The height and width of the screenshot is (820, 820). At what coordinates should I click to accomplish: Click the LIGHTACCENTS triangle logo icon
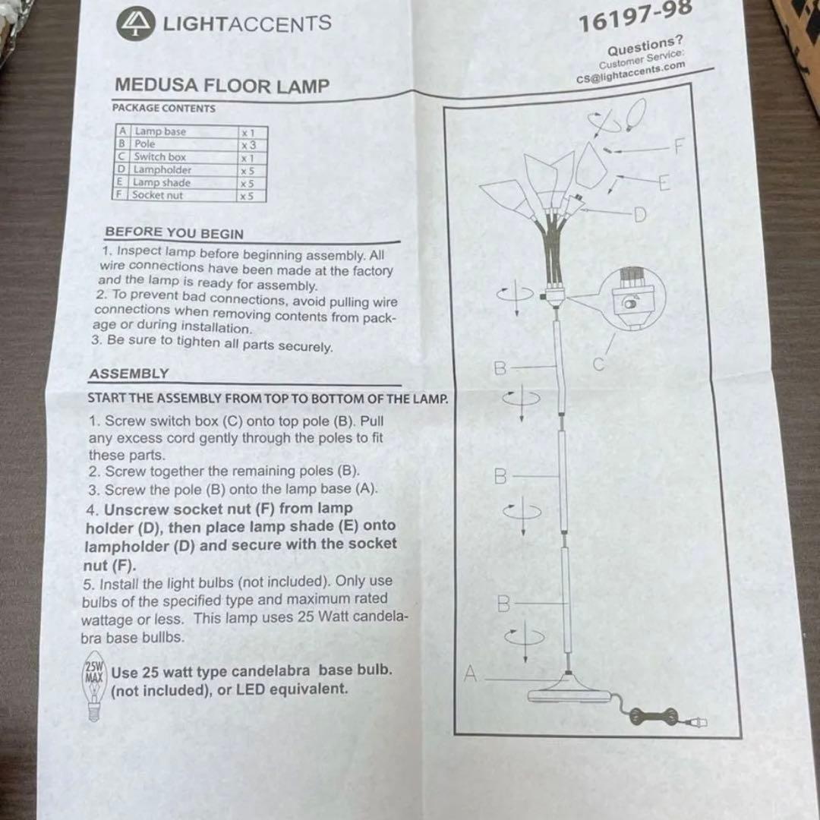coord(135,25)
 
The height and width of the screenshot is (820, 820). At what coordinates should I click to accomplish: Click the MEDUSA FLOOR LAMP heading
coord(222,86)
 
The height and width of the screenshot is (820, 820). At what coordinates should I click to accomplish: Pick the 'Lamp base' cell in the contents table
coord(160,131)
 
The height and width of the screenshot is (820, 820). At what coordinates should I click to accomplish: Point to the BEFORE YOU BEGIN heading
coord(175,233)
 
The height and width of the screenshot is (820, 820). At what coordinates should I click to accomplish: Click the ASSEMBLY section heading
coord(129,374)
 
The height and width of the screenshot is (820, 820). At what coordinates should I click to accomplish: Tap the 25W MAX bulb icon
coord(94,686)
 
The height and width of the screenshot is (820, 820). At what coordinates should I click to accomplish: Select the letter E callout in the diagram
coord(664,183)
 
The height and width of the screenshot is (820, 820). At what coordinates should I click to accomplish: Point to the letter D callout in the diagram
coord(640,216)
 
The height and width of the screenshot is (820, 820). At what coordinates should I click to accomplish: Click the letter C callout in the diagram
coord(599,364)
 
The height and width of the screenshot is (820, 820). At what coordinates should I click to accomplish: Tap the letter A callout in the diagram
coord(471,673)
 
